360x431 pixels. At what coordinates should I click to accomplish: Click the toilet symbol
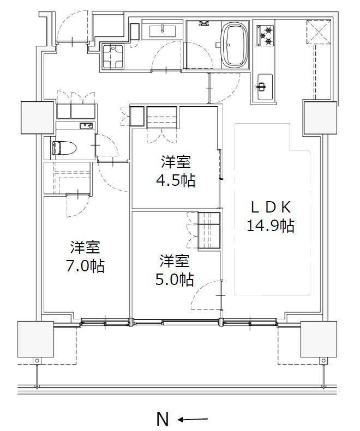point(64,148)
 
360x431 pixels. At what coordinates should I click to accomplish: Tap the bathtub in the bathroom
point(235,45)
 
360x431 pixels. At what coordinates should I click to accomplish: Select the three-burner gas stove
point(265,35)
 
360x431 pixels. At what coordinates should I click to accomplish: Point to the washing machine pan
point(112,56)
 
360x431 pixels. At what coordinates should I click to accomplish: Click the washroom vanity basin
point(163,31)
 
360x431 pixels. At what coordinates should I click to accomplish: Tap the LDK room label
point(271,207)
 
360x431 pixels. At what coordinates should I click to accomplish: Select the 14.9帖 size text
point(271,226)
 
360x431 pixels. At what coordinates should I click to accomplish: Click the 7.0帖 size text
point(85,266)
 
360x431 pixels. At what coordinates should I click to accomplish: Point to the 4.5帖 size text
point(176,180)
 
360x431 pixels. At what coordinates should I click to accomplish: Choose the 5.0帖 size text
point(175,280)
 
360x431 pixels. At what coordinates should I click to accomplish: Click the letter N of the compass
point(163,419)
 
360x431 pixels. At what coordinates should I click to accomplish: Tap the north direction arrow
point(193,420)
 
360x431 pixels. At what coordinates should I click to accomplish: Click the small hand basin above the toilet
point(86,126)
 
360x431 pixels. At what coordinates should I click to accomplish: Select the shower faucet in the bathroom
point(203,23)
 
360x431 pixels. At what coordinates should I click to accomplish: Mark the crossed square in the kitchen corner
point(319,32)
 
